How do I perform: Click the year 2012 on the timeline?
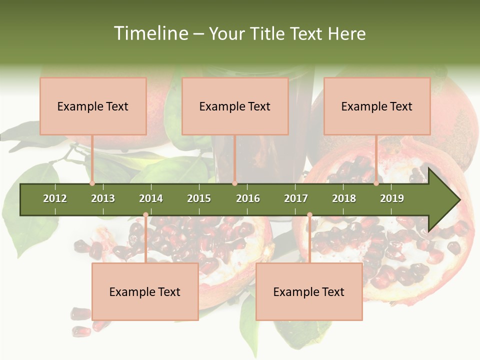pos(55,198)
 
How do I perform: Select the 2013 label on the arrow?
pos(103,198)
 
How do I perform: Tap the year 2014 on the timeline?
pos(151,198)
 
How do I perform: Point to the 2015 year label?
pos(199,198)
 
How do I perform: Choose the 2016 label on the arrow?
pos(248,198)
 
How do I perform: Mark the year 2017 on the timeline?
pos(296,198)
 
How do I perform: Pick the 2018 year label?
pos(344,198)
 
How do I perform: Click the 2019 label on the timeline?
pos(392,198)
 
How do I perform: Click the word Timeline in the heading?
pos(150,33)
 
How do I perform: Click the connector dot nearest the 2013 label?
pos(92,183)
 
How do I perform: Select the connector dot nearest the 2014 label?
pos(145,215)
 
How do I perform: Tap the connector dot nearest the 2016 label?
pos(234,183)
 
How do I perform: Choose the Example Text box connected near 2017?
pos(309,291)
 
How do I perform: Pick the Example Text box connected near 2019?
pos(377,106)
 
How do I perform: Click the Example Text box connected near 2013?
pos(93,106)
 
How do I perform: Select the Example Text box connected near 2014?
pos(145,291)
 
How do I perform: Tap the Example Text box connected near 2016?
pos(235,106)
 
